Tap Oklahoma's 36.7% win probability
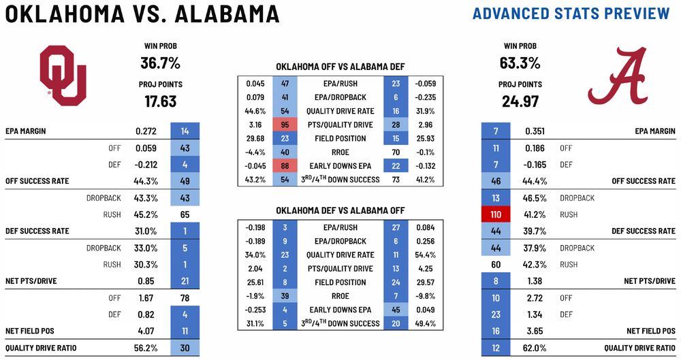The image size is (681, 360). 161,63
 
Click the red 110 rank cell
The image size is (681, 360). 495,214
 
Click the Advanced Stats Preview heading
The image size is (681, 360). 571,14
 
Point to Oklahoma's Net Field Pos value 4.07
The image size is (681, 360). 148,331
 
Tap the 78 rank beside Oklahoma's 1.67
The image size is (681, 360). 185,297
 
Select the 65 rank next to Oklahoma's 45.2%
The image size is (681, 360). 185,214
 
